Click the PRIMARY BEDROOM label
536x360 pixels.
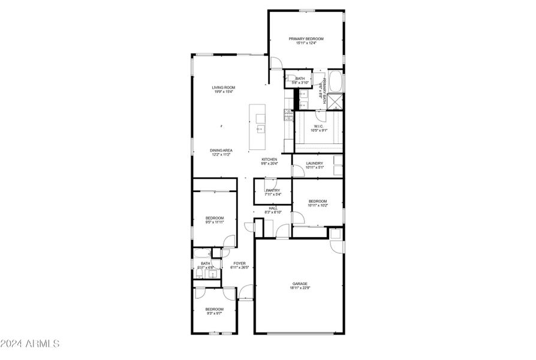tap(306, 38)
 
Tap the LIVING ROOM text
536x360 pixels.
tap(223, 88)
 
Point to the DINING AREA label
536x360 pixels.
tap(221, 150)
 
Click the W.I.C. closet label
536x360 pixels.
tap(318, 126)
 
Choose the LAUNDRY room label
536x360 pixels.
tap(315, 163)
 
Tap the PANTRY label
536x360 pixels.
tap(273, 190)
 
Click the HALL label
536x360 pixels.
tap(273, 208)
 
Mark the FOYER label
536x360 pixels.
tap(240, 263)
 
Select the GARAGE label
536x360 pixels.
tap(300, 284)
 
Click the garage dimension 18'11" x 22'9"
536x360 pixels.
tap(300, 288)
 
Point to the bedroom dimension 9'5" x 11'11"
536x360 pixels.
tap(215, 222)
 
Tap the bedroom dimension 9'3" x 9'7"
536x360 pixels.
tap(215, 313)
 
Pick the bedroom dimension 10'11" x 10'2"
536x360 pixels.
tap(318, 205)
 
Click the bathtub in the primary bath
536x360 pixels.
tap(335, 82)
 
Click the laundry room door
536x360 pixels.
tap(297, 171)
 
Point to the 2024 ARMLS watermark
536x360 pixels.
tap(30, 344)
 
